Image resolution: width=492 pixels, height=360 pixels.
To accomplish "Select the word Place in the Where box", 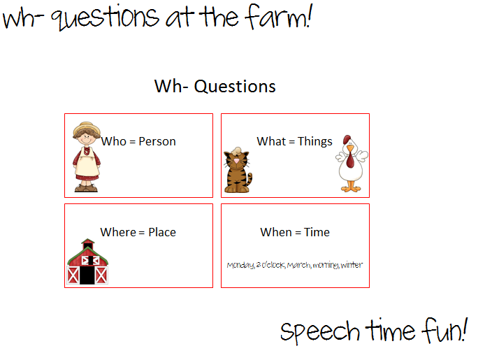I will pyautogui.click(x=161, y=232).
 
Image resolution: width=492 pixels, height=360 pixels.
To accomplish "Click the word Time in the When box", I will pyautogui.click(x=317, y=232).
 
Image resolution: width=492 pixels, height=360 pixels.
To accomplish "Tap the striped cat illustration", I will pyautogui.click(x=237, y=172).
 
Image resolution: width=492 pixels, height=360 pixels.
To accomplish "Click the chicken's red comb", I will pyautogui.click(x=347, y=139).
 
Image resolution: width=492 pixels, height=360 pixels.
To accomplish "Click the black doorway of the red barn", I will pyautogui.click(x=87, y=274).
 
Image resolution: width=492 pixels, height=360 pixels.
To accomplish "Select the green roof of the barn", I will pyautogui.click(x=87, y=247).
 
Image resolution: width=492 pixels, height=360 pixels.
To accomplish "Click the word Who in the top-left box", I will pyautogui.click(x=113, y=141).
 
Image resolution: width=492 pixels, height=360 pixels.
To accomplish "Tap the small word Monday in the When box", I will pyautogui.click(x=240, y=265).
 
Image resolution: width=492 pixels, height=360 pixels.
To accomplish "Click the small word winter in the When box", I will pyautogui.click(x=352, y=265).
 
